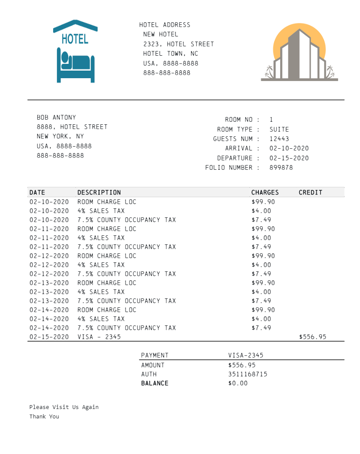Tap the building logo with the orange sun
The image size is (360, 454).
coord(299,54)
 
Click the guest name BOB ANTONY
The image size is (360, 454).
coord(57,117)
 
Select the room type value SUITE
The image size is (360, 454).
coord(279,129)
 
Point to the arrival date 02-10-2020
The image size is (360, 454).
coord(289,148)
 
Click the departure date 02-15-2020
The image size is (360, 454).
coord(289,158)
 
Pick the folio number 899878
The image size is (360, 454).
coord(281,168)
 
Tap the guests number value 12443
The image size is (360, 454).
coord(279,139)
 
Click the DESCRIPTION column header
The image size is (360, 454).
coord(99,192)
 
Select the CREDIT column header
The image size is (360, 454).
coord(310,192)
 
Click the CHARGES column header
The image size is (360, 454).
coord(265,192)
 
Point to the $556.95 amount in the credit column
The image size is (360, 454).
coord(312,337)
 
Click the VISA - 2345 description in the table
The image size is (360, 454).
coord(99,337)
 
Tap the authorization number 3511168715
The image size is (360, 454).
coord(248,374)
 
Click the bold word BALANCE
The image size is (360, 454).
coord(155,383)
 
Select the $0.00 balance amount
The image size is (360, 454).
coord(238,383)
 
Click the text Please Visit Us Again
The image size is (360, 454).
coord(64,407)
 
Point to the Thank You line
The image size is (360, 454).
coord(44,416)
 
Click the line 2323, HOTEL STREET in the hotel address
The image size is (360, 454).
coord(179,44)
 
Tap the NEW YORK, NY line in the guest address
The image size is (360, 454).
coord(60,136)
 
